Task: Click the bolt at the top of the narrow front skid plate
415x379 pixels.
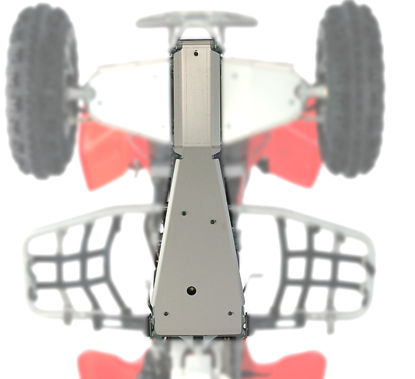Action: pos(196,53)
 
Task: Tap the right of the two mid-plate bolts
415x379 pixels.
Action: pos(212,222)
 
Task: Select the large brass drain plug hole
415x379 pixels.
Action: pos(191,291)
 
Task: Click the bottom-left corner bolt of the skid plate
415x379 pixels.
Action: pos(166,314)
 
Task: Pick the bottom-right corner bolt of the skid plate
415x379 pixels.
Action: pos(230,313)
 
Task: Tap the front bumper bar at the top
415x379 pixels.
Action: pos(196,20)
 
